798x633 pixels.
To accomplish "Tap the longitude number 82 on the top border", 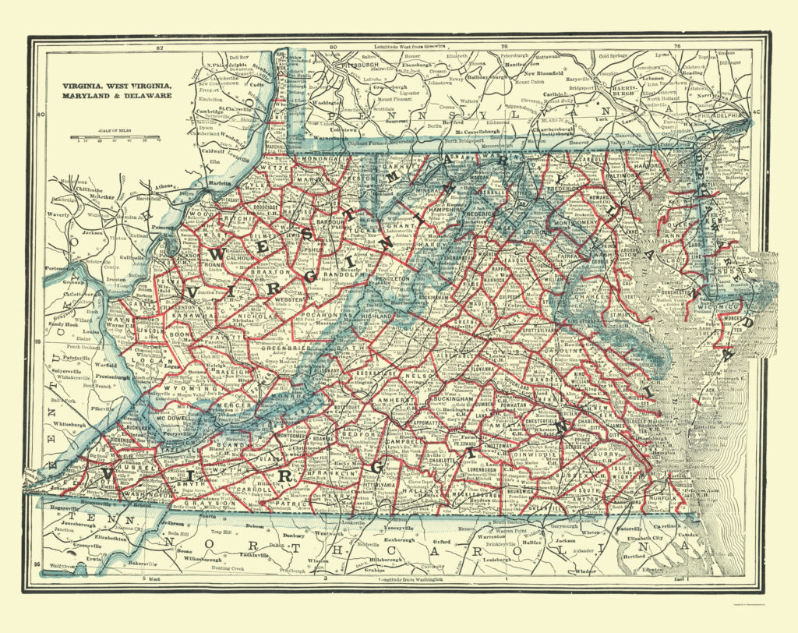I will pos(160,49).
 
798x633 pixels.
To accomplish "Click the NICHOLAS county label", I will pos(260,316).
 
